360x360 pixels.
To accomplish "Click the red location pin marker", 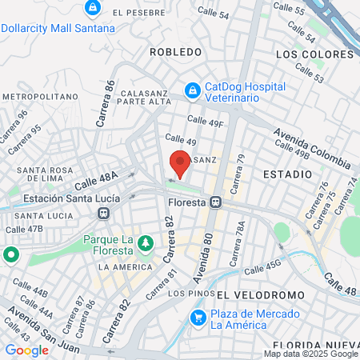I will [x=180, y=163].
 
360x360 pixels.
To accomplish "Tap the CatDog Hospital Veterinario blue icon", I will [x=192, y=91].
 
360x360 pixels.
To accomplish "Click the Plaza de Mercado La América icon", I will [x=198, y=318].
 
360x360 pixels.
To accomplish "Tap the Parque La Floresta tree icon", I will [x=145, y=242].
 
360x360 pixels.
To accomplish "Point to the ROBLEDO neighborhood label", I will [x=175, y=52].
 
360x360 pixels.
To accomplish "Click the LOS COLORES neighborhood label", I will [x=314, y=54].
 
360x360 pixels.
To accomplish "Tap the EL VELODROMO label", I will [x=250, y=295].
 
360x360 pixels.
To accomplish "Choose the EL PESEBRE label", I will [x=140, y=13].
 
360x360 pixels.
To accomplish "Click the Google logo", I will [x=26, y=350].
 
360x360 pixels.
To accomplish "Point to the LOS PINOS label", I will [x=166, y=293].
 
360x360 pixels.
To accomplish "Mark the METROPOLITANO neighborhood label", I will [x=38, y=96].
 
